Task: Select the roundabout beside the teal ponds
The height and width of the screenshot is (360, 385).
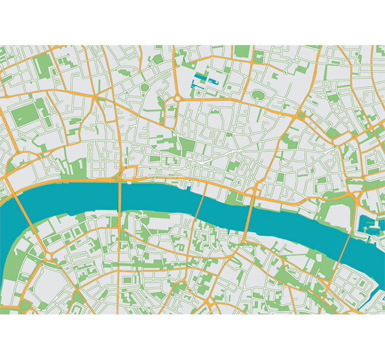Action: pyautogui.click(x=177, y=97)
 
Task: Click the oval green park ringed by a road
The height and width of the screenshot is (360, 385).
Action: pyautogui.click(x=258, y=95)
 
